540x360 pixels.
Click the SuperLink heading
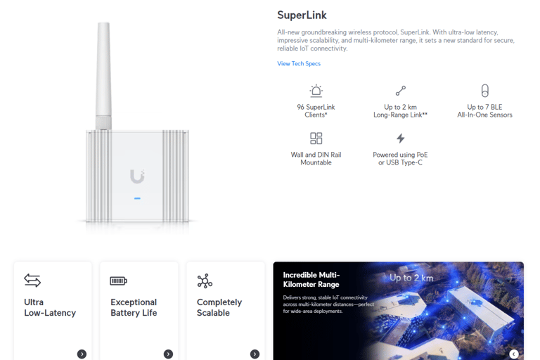[302, 15]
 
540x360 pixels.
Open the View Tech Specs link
[299, 64]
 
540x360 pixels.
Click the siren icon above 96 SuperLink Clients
[316, 91]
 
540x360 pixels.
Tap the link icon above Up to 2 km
[401, 91]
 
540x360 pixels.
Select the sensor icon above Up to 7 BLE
[484, 91]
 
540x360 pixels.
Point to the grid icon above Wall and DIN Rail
[316, 139]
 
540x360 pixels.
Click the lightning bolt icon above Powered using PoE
[400, 139]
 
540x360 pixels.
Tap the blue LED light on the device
[137, 198]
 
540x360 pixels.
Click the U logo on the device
[137, 176]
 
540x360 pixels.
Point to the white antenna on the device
[103, 74]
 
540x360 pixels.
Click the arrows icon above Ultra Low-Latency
[32, 281]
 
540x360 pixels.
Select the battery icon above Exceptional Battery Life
[118, 281]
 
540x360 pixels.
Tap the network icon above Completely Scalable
[205, 281]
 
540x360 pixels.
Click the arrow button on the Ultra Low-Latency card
[82, 354]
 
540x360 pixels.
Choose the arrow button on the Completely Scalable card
[255, 354]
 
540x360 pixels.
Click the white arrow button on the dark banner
[514, 354]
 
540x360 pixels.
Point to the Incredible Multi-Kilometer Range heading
[311, 280]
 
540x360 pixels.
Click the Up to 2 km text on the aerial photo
[411, 278]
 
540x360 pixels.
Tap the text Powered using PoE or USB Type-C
[400, 158]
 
